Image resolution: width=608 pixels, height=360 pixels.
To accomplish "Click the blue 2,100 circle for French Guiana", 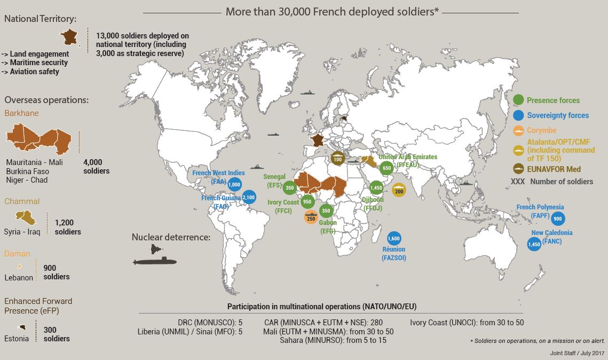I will [248, 198].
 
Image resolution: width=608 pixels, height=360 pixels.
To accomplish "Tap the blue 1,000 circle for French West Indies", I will [234, 184].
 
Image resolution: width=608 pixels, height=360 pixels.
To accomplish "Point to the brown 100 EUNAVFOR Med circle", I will [337, 158].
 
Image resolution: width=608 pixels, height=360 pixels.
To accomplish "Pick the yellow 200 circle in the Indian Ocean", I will [398, 190].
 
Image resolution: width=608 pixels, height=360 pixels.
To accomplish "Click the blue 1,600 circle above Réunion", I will [393, 238].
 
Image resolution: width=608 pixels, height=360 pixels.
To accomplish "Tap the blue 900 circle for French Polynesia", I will [557, 218].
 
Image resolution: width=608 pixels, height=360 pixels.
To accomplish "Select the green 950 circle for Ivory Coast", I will [307, 202].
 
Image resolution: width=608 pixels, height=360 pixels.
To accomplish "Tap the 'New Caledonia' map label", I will [551, 233].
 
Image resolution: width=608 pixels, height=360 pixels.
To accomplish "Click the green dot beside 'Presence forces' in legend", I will [517, 100].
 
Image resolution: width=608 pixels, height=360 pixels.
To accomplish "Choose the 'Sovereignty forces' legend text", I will [558, 115].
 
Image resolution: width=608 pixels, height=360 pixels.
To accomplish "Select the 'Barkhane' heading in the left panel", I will [21, 113].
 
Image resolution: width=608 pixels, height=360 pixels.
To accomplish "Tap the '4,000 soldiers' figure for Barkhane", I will [96, 166].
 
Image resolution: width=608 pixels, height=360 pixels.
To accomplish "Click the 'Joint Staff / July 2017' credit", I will [578, 353].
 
